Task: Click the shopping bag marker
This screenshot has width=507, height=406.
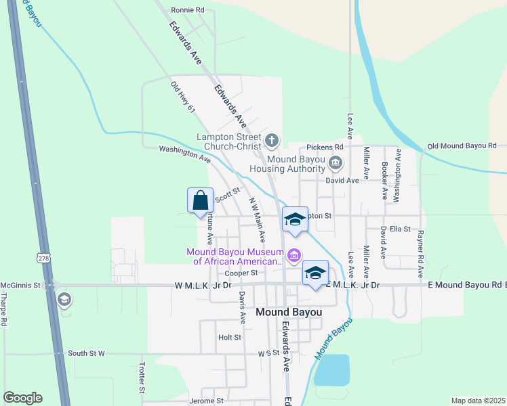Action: pos(200,201)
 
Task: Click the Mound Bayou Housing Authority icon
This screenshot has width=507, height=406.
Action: pos(336,162)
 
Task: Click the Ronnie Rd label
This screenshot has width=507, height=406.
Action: pos(188,10)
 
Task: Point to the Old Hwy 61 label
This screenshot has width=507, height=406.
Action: pos(183,97)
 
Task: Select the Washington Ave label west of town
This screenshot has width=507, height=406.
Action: pos(184,154)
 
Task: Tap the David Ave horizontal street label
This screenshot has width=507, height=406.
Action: pos(342,181)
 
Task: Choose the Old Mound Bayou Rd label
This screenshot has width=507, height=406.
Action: pos(462,146)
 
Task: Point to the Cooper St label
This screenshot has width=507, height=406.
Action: pos(242,273)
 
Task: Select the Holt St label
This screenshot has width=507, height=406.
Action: pos(230,337)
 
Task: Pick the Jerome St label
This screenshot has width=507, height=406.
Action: pos(206,401)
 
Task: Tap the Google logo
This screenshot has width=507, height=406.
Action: pos(22,398)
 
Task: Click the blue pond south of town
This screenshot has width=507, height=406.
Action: pos(331,370)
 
